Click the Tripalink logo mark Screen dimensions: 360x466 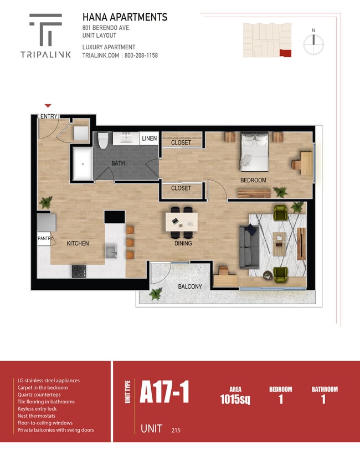[46, 29]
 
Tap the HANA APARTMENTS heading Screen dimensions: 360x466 [125, 17]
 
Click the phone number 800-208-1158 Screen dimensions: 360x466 [141, 55]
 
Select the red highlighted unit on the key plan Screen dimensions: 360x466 [285, 53]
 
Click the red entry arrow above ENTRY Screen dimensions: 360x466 [48, 105]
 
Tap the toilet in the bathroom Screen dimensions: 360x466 [103, 140]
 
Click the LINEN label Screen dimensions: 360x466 [150, 138]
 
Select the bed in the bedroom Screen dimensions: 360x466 [255, 152]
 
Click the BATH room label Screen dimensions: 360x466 [118, 163]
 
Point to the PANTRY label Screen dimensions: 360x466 [45, 238]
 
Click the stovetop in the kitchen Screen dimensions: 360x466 [79, 272]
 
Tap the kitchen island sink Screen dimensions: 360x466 [111, 252]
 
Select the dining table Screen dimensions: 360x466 [182, 222]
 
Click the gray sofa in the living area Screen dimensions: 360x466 [249, 247]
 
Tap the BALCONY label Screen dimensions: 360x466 [190, 286]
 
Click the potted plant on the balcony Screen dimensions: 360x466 [156, 293]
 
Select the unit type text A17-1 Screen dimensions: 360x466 [164, 392]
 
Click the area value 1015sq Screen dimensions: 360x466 [235, 399]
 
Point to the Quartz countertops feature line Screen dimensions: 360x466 [39, 395]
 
